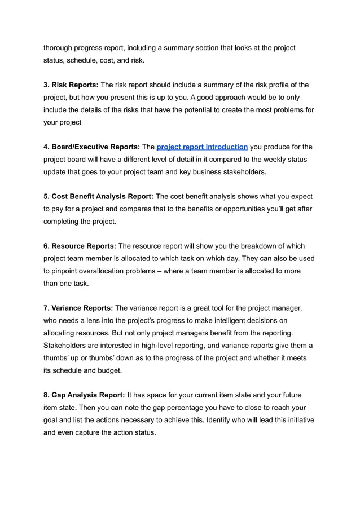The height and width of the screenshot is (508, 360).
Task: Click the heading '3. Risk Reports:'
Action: point(71,85)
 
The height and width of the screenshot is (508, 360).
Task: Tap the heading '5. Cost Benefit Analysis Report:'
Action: point(98,197)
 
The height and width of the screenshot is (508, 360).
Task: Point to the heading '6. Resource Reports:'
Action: point(80,246)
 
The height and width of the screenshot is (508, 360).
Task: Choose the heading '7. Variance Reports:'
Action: point(78,308)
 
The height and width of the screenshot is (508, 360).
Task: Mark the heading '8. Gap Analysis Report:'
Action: point(84,395)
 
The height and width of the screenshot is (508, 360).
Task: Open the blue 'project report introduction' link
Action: point(202,147)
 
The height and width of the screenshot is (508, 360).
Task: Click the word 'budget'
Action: point(109,370)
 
